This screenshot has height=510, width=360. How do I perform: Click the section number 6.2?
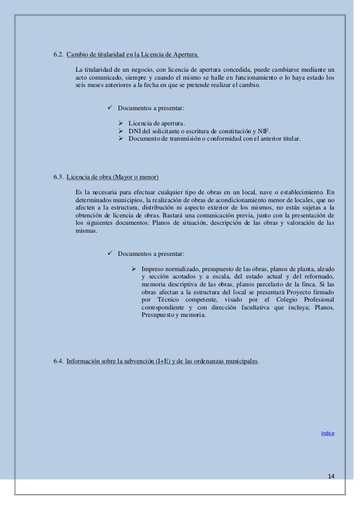[x=58, y=55]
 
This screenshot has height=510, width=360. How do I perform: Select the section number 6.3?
[x=58, y=176]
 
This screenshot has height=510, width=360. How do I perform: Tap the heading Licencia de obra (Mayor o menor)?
[x=112, y=176]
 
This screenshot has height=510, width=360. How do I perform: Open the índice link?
[x=327, y=433]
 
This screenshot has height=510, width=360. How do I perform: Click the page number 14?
[x=331, y=477]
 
